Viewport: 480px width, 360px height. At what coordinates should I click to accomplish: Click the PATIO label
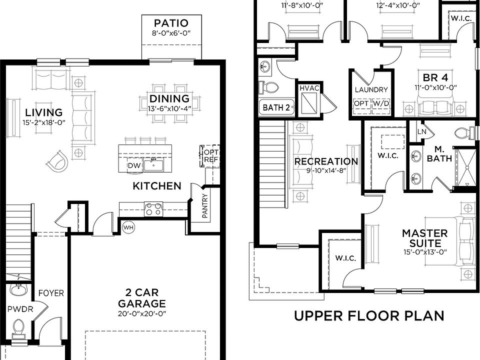tap(171, 23)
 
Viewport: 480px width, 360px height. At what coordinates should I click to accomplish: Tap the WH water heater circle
tap(128, 227)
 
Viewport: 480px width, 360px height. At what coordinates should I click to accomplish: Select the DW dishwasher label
tap(134, 165)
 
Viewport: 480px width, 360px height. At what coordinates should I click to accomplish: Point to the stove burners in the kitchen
tap(153, 209)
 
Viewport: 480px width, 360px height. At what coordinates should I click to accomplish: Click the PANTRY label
tap(205, 205)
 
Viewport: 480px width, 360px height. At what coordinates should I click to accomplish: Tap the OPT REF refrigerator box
tap(210, 156)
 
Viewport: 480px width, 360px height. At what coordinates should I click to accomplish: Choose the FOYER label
tap(51, 293)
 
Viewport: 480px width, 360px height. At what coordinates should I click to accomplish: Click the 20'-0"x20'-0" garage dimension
tap(141, 314)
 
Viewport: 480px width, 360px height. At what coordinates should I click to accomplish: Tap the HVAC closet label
tap(309, 88)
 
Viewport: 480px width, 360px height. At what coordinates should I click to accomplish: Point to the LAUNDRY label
tap(371, 89)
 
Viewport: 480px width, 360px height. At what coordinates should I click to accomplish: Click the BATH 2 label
tap(276, 107)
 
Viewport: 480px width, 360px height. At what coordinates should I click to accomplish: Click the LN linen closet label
tap(421, 131)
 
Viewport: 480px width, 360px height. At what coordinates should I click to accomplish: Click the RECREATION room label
tap(326, 161)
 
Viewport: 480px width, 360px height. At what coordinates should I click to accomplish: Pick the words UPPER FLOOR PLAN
tap(369, 315)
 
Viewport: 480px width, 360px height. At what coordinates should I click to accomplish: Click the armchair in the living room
tap(57, 160)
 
